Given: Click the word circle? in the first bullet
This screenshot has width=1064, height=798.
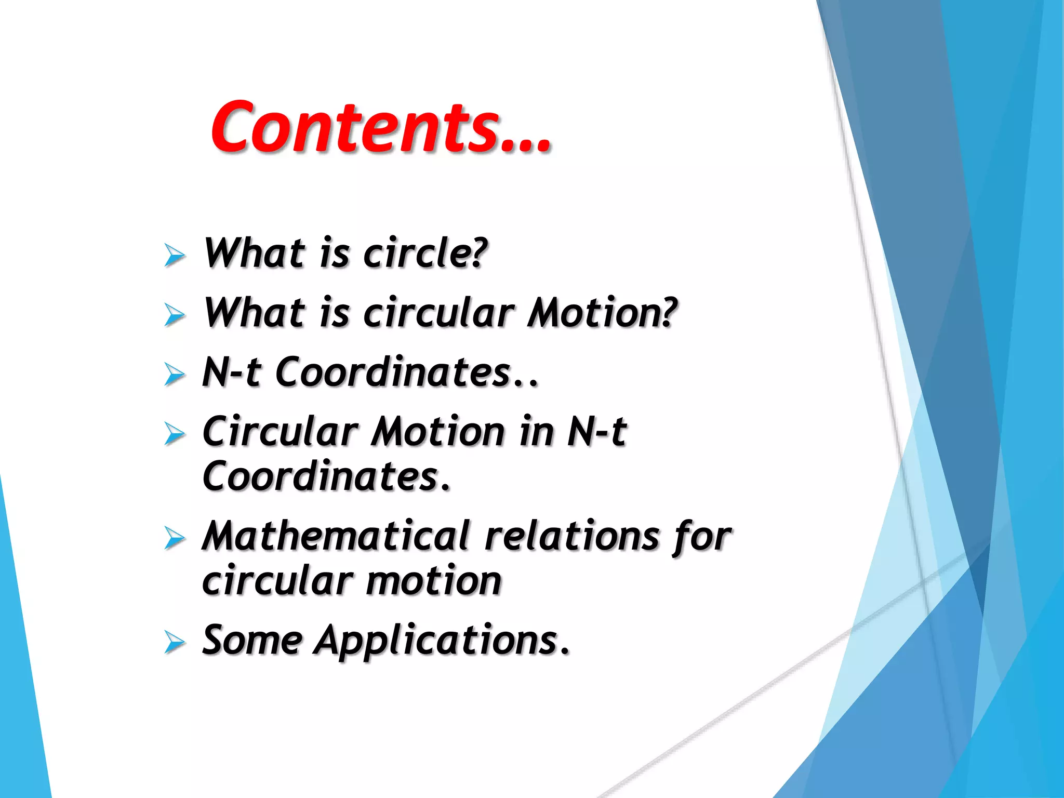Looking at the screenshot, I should tap(425, 254).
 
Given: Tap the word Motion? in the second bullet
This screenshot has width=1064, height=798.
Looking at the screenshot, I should tap(603, 313).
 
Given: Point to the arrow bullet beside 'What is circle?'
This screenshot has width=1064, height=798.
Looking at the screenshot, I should tap(175, 255).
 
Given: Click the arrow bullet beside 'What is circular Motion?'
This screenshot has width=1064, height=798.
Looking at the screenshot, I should tap(175, 315).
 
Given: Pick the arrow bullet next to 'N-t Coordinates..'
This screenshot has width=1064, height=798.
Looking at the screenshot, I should tap(175, 374).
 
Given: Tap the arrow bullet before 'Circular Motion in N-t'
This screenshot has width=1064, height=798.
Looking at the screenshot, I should tap(175, 433).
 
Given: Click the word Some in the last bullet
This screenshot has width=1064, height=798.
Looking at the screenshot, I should tap(252, 640).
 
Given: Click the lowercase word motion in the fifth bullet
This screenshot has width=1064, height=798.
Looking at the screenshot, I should tap(434, 581).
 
